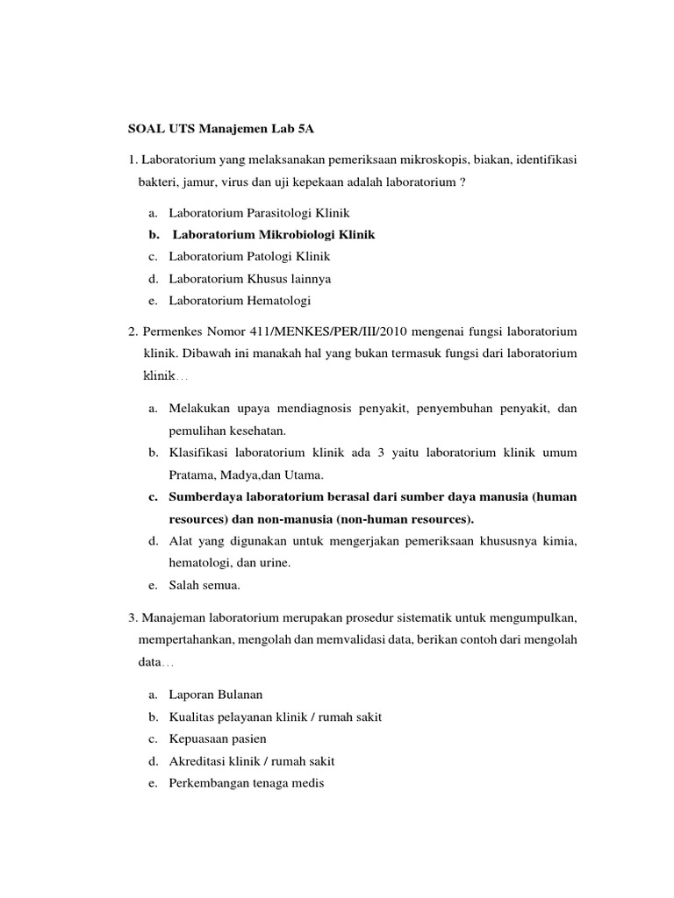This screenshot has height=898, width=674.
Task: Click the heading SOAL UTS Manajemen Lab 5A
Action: click(x=221, y=128)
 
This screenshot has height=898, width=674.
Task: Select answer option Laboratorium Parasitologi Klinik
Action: click(x=259, y=213)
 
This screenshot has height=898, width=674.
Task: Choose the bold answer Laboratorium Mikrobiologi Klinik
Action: click(x=274, y=235)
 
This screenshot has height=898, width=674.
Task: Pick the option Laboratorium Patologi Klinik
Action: click(x=249, y=257)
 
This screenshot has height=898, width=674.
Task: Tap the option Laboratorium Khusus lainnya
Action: click(x=249, y=279)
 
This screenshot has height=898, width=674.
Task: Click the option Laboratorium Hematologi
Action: click(x=240, y=301)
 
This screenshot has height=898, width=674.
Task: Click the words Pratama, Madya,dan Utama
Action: click(x=247, y=475)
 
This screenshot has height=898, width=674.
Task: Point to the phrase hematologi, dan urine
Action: click(x=229, y=562)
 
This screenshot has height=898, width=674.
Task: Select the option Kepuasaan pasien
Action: click(x=218, y=739)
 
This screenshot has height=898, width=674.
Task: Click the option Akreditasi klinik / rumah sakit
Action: click(x=251, y=761)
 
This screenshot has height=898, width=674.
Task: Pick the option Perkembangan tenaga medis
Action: click(x=246, y=783)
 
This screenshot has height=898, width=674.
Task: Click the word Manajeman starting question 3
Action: click(x=176, y=616)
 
